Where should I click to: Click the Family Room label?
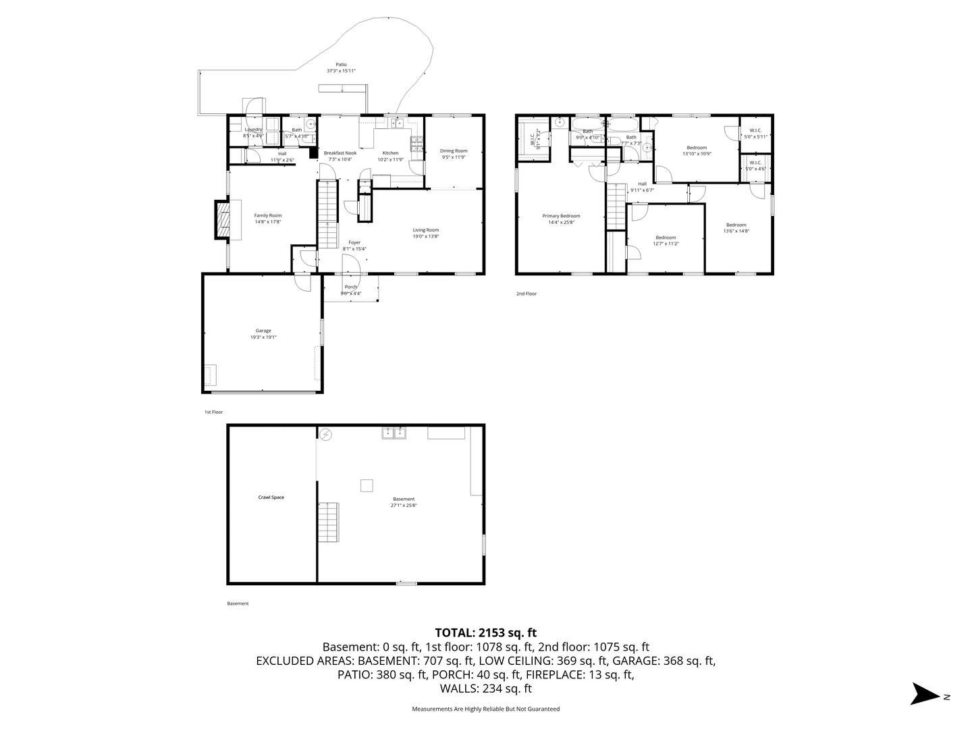(x=268, y=215)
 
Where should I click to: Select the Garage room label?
(x=263, y=331)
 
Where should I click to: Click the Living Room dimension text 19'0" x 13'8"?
(x=426, y=236)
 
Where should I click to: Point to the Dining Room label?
(x=454, y=151)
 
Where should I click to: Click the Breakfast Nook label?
(x=340, y=153)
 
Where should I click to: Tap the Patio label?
(x=341, y=65)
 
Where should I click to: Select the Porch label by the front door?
(x=351, y=287)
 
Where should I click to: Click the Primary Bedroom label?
(x=561, y=216)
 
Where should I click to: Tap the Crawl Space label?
(x=271, y=497)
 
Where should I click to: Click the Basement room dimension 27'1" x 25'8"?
(x=404, y=505)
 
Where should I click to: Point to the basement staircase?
(x=328, y=520)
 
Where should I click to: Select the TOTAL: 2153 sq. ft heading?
(x=485, y=632)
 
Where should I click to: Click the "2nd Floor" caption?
(x=526, y=294)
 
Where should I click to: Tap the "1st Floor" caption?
(x=213, y=412)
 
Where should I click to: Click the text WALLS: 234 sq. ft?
(x=485, y=688)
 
